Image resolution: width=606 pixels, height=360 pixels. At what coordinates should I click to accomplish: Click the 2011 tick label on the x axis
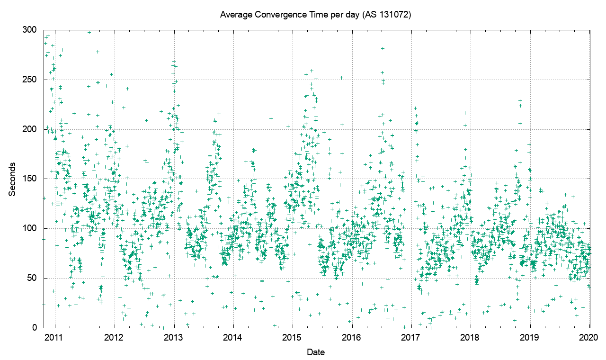click(55, 337)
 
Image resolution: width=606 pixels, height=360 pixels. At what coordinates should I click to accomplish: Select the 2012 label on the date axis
click(114, 337)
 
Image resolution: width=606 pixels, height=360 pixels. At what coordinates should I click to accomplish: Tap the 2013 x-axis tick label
click(174, 337)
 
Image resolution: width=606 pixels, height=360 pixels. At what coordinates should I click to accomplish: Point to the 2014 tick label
click(233, 337)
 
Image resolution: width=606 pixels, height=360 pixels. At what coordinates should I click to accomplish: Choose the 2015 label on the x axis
click(293, 337)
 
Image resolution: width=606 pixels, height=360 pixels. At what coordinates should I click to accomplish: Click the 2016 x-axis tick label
click(352, 337)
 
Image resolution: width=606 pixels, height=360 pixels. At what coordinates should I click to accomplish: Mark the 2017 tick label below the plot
click(411, 337)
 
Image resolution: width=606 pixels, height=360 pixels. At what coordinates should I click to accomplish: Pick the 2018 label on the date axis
click(471, 337)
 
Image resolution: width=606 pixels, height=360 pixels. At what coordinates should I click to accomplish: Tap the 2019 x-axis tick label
click(530, 337)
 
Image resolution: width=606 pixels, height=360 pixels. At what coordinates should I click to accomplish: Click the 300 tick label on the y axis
click(29, 30)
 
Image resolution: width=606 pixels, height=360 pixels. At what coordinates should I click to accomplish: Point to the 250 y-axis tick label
click(29, 80)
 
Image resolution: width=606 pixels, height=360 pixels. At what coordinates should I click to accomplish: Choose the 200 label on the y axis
click(29, 129)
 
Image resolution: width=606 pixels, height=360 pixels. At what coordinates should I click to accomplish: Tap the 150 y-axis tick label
click(29, 179)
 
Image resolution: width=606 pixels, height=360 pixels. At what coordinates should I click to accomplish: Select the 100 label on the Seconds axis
click(29, 229)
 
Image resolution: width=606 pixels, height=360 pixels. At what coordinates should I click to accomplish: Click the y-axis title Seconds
click(12, 179)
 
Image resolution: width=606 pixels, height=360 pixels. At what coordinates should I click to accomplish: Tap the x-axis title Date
click(315, 352)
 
